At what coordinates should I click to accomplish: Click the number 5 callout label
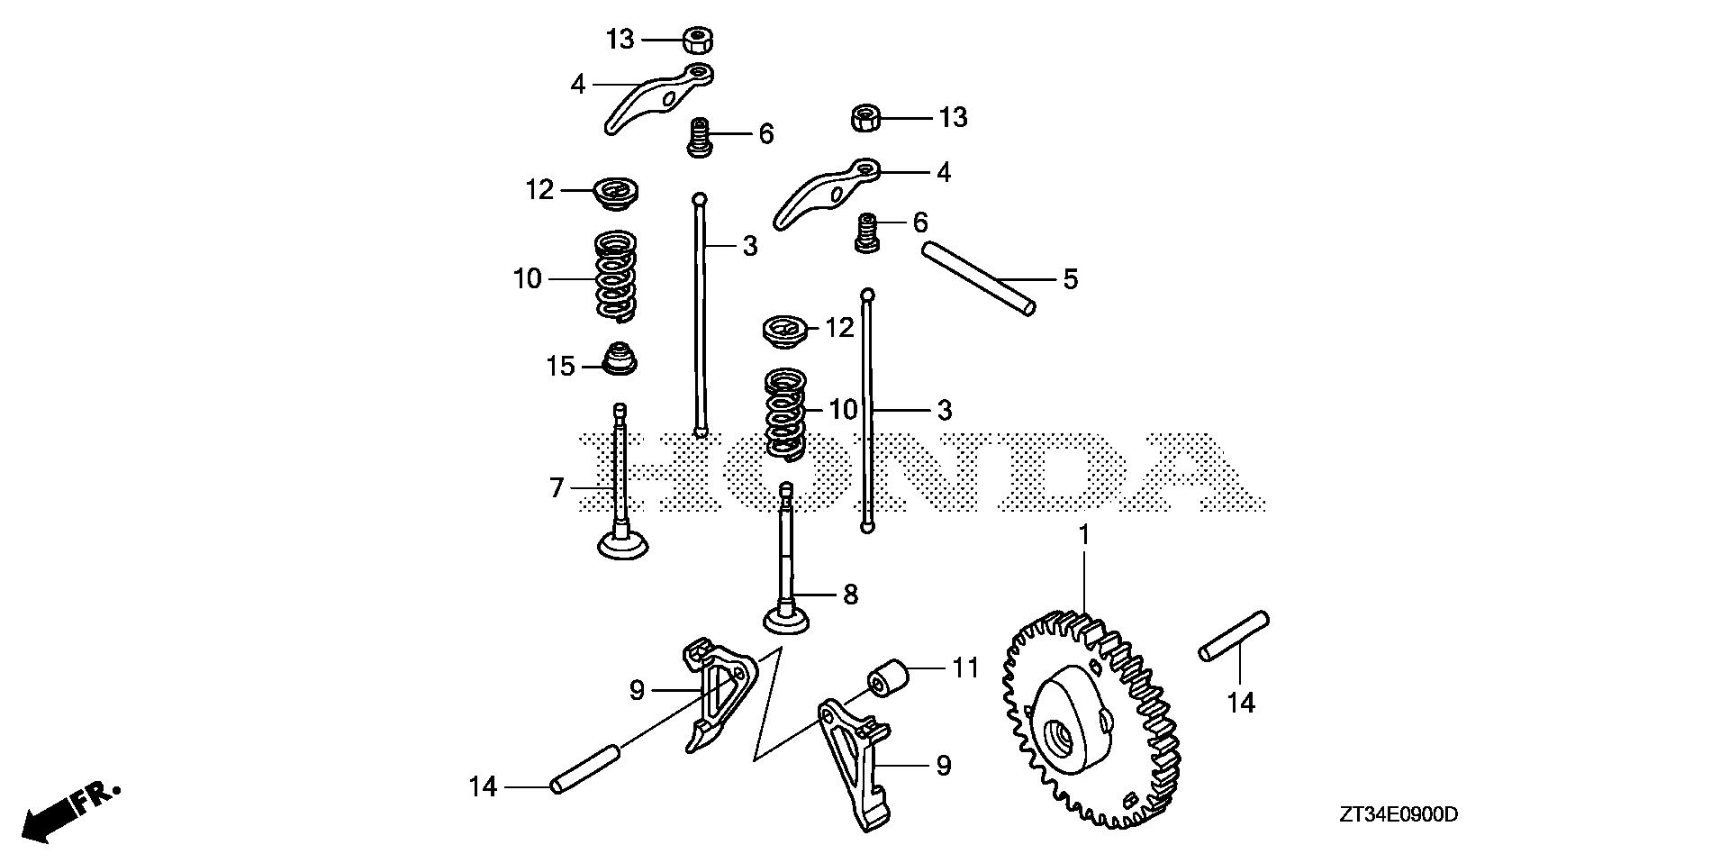pos(1070,279)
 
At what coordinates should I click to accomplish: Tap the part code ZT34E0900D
pos(1398,815)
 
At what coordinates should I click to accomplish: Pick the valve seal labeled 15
pos(619,358)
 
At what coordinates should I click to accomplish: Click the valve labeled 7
pos(620,486)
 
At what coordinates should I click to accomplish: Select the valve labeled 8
pos(788,568)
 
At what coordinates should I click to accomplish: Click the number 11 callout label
pos(964,668)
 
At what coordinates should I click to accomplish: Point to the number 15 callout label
pos(560,366)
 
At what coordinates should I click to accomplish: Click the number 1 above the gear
pos(1084,535)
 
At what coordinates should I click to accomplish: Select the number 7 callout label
pos(557,488)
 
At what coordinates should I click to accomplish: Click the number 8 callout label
pos(849,595)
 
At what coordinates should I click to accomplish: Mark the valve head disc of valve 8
pos(788,622)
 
